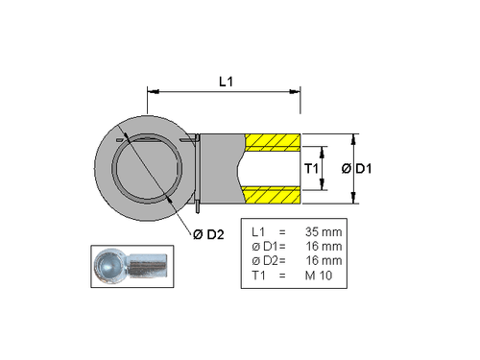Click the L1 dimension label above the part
point(224,83)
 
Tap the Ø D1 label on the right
point(358,169)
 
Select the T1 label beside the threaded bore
point(311,169)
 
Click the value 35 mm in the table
point(323,232)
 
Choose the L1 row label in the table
point(257,232)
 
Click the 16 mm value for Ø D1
point(323,247)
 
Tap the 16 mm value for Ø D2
point(323,261)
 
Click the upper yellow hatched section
point(273,141)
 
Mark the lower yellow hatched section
point(273,196)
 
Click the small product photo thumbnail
point(132,265)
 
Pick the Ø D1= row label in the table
point(262,247)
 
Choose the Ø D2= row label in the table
point(262,261)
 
